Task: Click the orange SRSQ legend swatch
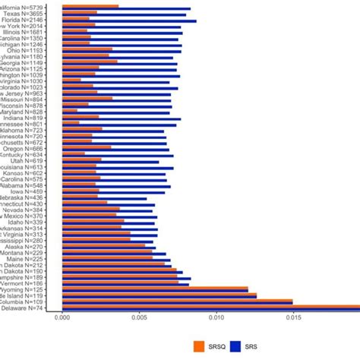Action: [201, 346]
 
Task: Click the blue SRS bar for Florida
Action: [129, 21]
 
